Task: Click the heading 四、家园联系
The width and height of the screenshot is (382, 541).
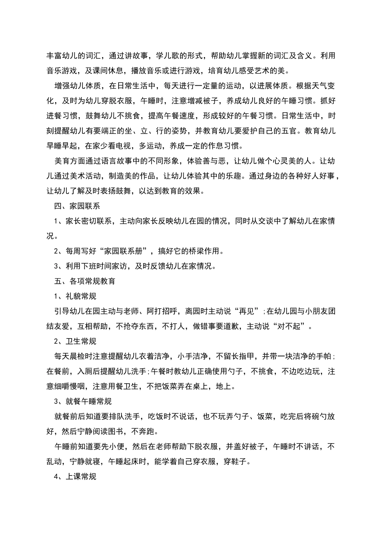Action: tap(77, 206)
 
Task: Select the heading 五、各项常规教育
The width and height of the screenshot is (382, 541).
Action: tap(84, 281)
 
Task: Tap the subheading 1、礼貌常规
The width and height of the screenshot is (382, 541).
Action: tap(75, 296)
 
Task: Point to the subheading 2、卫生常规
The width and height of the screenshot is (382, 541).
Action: tap(75, 341)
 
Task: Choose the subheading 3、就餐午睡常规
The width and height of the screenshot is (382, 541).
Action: tap(83, 401)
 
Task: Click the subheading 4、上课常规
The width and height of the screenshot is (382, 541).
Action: tap(75, 477)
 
